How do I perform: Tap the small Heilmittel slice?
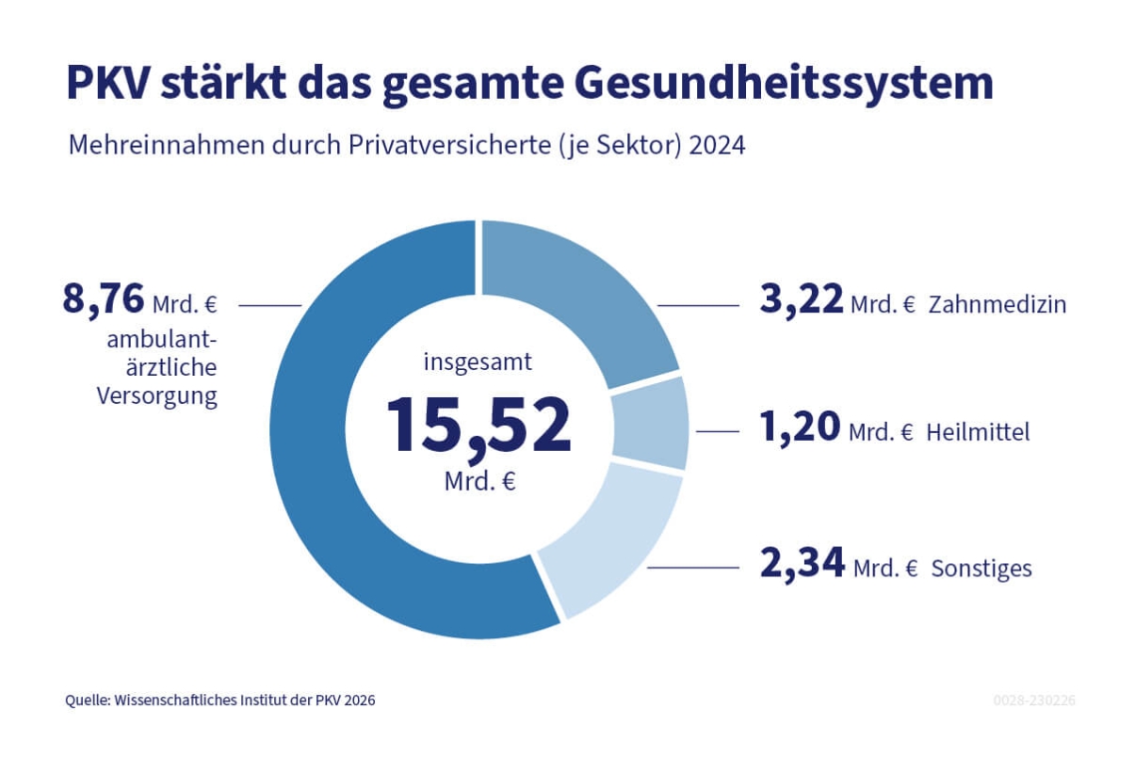pos(651,421)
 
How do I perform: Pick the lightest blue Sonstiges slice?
pos(612,537)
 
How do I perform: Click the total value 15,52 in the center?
pos(478,425)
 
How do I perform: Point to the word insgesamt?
pos(478,362)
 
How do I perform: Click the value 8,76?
pos(104,300)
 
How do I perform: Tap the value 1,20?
pos(800,428)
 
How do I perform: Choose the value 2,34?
pos(802,565)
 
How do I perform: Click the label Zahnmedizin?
pos(997,305)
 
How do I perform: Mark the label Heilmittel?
pos(978,433)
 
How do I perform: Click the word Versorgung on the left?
pos(156,395)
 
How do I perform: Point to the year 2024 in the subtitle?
pos(719,147)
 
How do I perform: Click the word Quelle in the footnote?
pos(87,701)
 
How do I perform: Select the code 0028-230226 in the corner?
pos(1034,701)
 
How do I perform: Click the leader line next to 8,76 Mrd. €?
pos(269,305)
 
